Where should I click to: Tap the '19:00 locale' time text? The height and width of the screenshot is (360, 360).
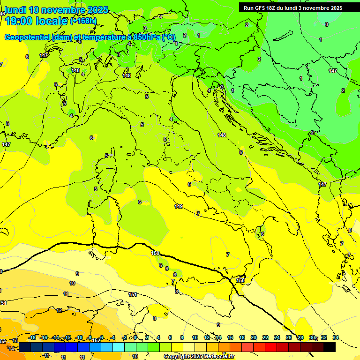[x=36, y=21]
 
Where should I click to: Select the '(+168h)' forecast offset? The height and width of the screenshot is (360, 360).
[x=83, y=21]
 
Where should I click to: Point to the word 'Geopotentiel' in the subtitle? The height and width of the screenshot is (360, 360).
[x=27, y=37]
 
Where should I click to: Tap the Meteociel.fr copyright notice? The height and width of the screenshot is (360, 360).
[x=199, y=357]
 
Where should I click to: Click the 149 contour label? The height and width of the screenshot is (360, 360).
[x=179, y=206]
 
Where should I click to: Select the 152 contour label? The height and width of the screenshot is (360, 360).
[x=96, y=340]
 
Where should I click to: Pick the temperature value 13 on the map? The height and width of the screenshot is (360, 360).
[x=15, y=340]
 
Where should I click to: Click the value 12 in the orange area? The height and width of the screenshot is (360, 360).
[x=59, y=310]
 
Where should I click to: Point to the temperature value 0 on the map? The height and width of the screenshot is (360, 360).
[x=326, y=24]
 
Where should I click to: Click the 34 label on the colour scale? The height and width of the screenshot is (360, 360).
[x=335, y=337]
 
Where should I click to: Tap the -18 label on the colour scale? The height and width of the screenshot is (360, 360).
[x=32, y=337]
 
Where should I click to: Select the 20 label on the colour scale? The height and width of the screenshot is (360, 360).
[x=254, y=337]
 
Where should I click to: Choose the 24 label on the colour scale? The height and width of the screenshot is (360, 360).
[x=277, y=337]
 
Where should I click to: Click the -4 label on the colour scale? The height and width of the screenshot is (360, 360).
[x=112, y=337]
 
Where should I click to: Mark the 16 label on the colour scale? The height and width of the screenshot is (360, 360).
[x=230, y=337]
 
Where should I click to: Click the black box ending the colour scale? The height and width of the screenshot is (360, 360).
[x=330, y=347]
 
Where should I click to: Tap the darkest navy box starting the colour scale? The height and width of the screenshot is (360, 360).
[x=25, y=347]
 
